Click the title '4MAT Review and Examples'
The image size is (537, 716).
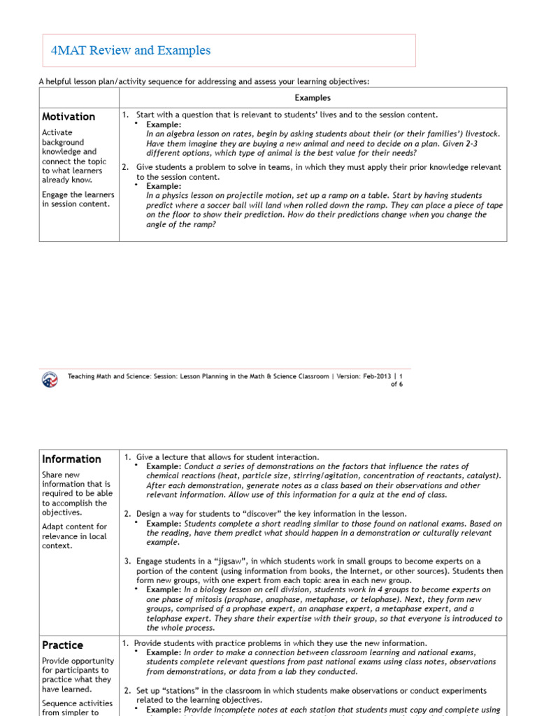[131, 50]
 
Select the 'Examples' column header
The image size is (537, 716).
[313, 98]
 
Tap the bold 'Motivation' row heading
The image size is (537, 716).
[69, 117]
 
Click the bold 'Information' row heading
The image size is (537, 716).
[71, 459]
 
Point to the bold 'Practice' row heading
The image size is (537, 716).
[62, 645]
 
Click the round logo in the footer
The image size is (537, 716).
[50, 378]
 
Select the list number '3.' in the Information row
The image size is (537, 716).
[128, 561]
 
